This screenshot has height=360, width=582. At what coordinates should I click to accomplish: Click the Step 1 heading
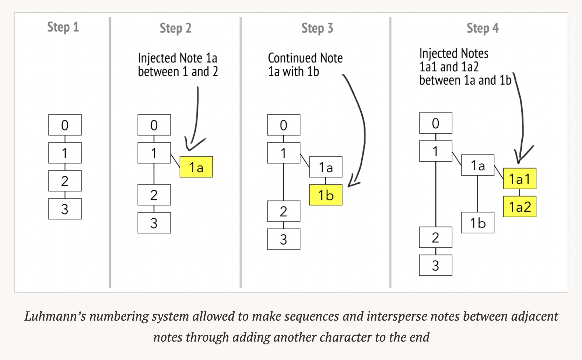[x=63, y=27]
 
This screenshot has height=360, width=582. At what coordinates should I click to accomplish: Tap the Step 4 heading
[x=482, y=28]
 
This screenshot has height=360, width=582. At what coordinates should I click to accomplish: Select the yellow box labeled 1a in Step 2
[x=196, y=167]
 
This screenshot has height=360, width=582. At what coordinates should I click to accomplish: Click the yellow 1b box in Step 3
[x=326, y=195]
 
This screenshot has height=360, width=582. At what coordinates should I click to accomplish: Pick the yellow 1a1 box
[x=519, y=179]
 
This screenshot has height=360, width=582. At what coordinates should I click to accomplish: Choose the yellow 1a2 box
[x=519, y=207]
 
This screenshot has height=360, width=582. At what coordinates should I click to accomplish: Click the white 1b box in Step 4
[x=477, y=223]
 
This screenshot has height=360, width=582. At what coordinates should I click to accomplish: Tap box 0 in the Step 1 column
[x=65, y=125]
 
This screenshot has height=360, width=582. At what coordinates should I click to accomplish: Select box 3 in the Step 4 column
[x=435, y=265]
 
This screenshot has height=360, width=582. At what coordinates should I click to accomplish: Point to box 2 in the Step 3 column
[x=283, y=211]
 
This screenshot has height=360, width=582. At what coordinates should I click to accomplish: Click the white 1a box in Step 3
[x=326, y=167]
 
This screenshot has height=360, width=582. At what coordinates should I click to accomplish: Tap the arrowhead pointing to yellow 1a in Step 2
[x=190, y=147]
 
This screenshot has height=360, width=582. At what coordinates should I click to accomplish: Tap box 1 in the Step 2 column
[x=154, y=153]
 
